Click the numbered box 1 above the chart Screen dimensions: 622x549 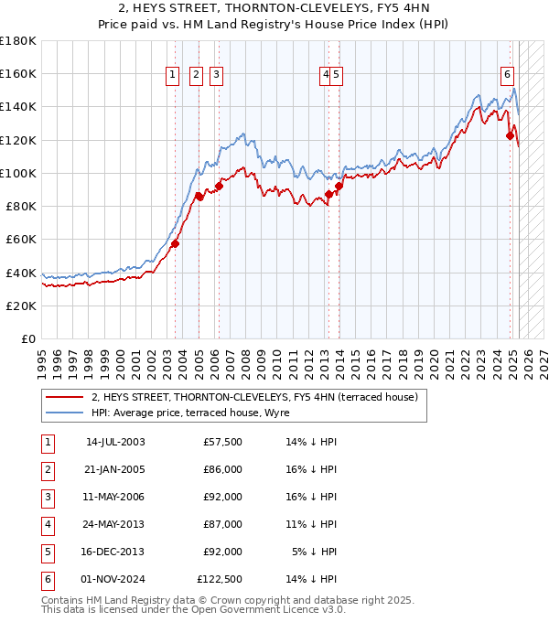[174, 76]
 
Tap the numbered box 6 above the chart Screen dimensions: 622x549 [507, 76]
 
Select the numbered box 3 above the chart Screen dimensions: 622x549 [217, 76]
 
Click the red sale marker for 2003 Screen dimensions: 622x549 [175, 243]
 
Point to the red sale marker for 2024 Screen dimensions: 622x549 [511, 135]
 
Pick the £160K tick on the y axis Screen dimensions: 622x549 [18, 73]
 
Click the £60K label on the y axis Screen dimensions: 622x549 [22, 239]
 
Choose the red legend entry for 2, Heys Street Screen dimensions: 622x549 [254, 397]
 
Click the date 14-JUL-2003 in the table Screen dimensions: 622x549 [115, 442]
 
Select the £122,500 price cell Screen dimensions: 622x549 [220, 579]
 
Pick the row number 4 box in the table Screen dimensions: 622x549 [47, 524]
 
